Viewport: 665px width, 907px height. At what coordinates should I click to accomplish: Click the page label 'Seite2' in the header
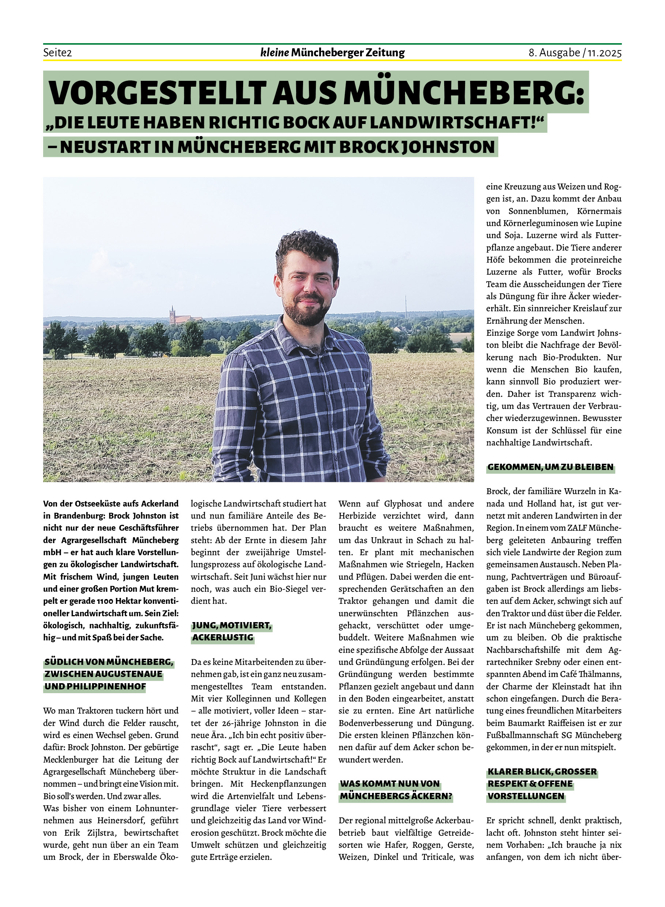[57, 53]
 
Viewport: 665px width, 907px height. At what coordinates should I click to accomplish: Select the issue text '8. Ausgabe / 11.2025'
[575, 53]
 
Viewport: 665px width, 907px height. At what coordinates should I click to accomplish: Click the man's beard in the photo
[305, 312]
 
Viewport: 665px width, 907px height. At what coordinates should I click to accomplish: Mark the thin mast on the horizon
[406, 306]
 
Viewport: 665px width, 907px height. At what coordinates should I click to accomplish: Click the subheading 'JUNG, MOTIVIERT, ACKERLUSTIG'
[231, 632]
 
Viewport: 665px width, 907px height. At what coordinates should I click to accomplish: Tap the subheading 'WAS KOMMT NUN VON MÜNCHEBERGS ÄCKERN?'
[396, 790]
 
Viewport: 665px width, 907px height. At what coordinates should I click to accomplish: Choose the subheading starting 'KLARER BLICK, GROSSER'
[542, 783]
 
